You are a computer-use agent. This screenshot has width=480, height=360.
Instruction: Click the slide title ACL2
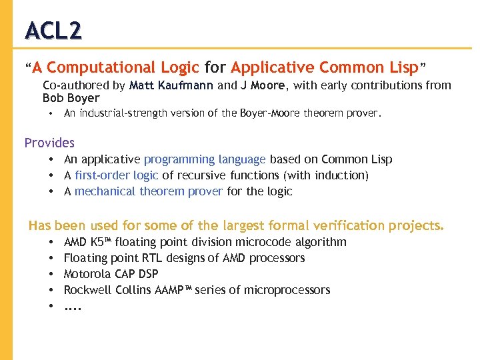(53, 30)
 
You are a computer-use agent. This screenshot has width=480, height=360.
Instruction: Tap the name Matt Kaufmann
(172, 85)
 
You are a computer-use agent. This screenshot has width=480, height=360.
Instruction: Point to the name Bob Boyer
(71, 98)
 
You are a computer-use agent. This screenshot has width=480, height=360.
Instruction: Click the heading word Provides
(49, 143)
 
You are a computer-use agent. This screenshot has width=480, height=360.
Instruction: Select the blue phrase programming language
(205, 159)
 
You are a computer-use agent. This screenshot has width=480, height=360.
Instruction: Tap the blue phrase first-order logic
(116, 175)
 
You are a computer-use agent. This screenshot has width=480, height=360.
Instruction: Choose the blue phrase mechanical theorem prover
(148, 191)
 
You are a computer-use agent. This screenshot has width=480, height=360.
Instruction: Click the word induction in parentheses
(341, 175)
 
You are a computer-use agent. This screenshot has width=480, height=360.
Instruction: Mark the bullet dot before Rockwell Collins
(51, 291)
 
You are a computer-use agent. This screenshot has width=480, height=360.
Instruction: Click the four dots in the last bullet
(72, 308)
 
